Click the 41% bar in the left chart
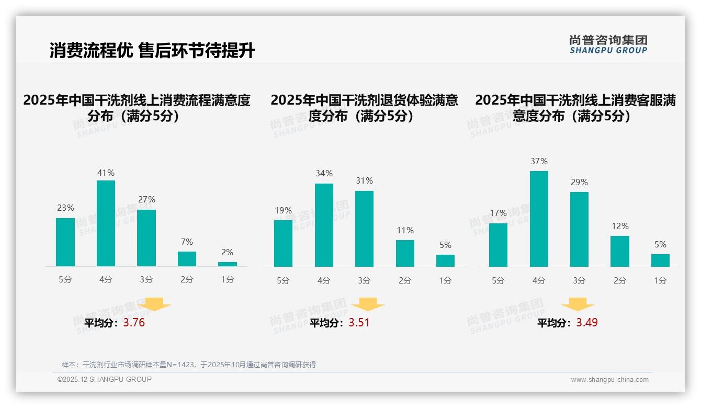point(106,223)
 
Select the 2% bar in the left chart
point(228,264)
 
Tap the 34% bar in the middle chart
point(324,225)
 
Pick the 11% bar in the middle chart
point(405,253)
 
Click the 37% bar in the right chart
point(539,219)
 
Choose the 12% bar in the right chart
point(620,251)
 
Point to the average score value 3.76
point(134,323)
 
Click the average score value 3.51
point(359,323)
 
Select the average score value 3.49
point(587,323)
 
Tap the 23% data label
point(65,208)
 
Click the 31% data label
point(364,180)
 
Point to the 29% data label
point(579,182)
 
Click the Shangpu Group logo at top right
point(608,44)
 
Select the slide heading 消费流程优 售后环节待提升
point(152,51)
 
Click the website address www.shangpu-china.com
point(609,380)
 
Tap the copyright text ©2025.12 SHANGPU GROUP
point(105,379)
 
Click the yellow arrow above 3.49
point(578,304)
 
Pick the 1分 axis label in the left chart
point(228,280)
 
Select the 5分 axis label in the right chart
point(498,281)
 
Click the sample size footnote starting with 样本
point(189,365)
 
